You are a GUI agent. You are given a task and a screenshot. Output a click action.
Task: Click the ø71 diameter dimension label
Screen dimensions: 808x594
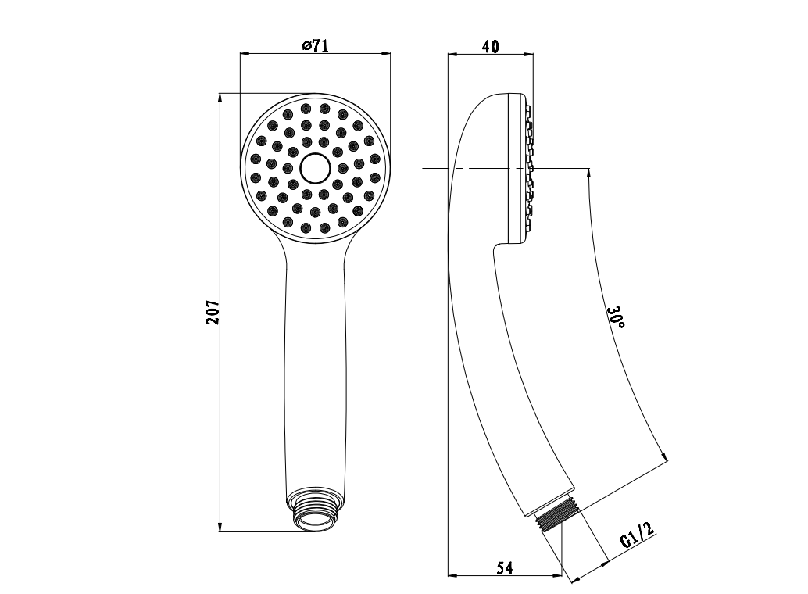[x=315, y=45]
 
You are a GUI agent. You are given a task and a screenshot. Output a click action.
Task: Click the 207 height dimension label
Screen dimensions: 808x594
[x=213, y=312]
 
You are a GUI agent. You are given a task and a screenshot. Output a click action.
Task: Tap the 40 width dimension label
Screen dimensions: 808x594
[x=490, y=46]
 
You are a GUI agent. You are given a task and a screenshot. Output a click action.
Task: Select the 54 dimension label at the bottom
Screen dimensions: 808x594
[x=505, y=567]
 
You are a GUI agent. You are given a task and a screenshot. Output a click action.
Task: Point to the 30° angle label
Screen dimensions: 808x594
[x=617, y=317]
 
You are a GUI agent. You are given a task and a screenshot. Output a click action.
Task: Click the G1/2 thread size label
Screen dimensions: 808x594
[x=637, y=535]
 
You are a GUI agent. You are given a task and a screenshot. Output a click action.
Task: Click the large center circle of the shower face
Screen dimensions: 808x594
[x=314, y=168]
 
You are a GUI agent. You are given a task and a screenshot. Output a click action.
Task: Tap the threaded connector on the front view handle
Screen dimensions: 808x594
[x=315, y=510]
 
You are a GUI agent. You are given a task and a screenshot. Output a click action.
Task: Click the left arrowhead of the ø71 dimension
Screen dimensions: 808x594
[x=245, y=52]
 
